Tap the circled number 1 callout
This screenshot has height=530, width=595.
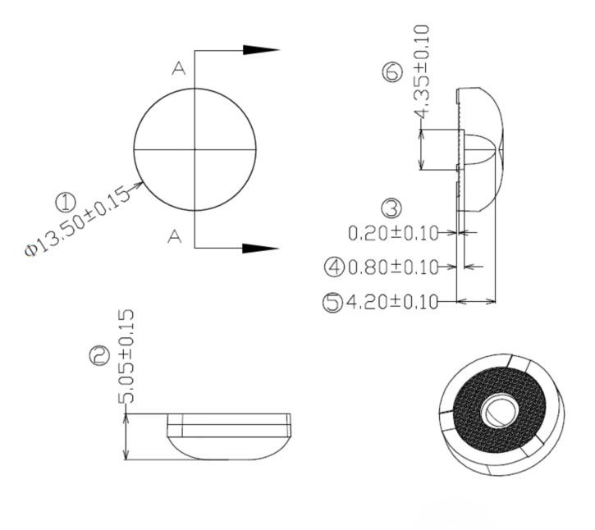click(x=65, y=202)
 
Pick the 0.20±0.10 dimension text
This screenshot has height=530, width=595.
click(x=392, y=233)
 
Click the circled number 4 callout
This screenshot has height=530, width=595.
click(x=334, y=267)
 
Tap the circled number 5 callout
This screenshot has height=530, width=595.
click(x=332, y=303)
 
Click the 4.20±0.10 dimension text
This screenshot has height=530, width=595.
click(x=391, y=303)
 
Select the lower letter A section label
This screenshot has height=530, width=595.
click(x=174, y=237)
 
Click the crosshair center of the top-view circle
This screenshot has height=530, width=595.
click(x=195, y=150)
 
